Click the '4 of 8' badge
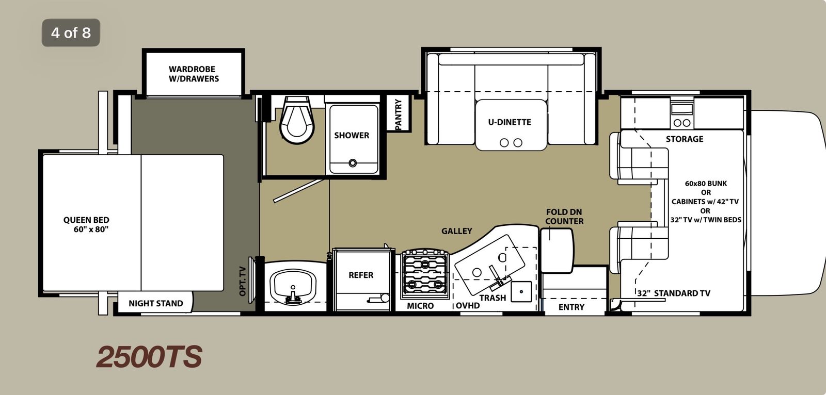71,33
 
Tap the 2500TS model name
149,357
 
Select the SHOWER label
352,136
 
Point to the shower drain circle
353,163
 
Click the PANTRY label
398,114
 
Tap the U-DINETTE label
510,122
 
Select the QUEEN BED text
87,224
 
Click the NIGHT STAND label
155,303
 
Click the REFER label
361,275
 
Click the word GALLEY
456,231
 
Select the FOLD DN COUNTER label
564,217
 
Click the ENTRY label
571,307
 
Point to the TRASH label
493,298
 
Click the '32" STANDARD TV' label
674,293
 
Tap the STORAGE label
685,139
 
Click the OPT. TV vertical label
243,281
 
